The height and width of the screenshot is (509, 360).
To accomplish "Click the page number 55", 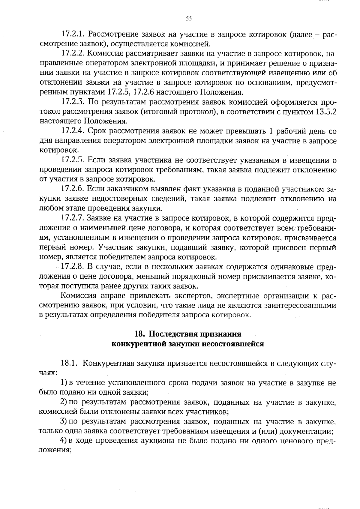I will click(188, 19).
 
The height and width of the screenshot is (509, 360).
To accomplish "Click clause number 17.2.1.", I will click(74, 34).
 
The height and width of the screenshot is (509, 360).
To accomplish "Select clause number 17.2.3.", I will click(74, 102).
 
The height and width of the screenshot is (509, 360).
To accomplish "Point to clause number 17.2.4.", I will click(74, 131).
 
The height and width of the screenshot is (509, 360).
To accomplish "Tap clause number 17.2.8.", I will click(74, 267).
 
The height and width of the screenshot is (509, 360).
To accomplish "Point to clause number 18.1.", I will click(70, 363).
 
